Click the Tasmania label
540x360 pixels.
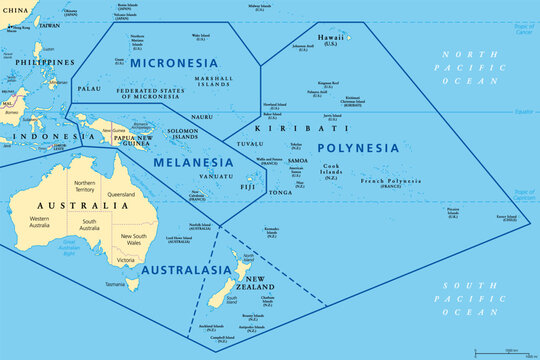114,283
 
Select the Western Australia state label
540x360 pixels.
38,221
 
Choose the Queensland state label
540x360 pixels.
121,194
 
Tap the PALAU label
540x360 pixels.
89,88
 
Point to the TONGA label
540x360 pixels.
281,192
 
